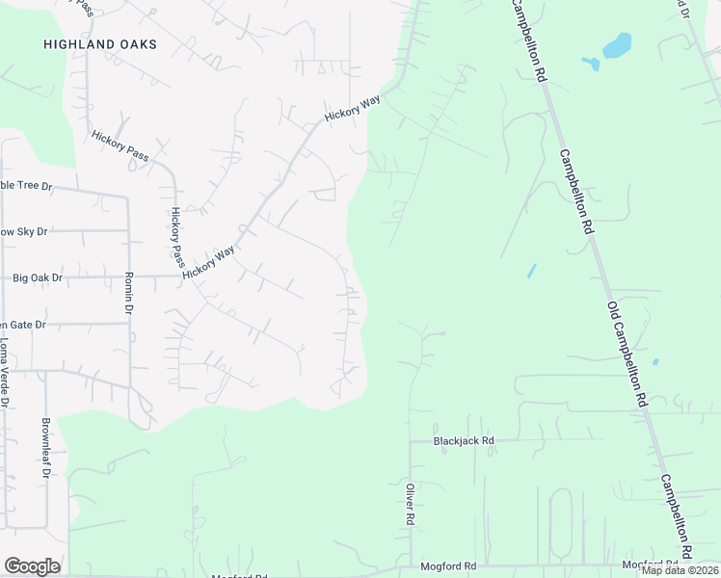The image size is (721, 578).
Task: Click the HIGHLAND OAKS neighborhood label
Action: (x=100, y=44)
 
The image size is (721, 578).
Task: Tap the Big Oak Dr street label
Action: (x=38, y=278)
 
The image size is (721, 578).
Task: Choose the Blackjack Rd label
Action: (x=464, y=440)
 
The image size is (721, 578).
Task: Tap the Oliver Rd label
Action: (x=410, y=504)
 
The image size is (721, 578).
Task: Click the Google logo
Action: (x=32, y=566)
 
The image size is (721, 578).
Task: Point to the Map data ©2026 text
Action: (x=680, y=570)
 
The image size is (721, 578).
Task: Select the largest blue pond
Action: (x=616, y=45)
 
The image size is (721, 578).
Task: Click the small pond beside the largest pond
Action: (x=591, y=64)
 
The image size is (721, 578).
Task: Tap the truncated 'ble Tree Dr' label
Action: (x=25, y=185)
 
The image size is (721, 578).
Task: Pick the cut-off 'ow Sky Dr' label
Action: (x=23, y=232)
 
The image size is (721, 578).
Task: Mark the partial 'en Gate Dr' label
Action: (x=23, y=326)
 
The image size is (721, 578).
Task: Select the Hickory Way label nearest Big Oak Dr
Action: (x=209, y=262)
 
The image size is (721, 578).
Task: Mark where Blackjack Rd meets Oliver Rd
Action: (x=410, y=441)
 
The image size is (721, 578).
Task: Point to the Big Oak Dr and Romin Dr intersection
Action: (x=128, y=277)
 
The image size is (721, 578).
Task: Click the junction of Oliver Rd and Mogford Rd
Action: (x=410, y=566)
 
